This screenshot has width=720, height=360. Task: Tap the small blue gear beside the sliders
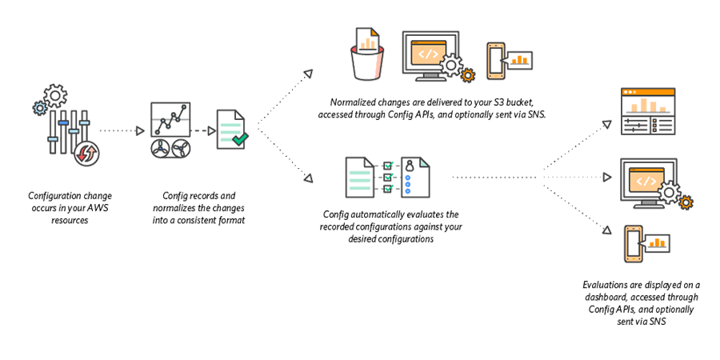pyautogui.click(x=39, y=106)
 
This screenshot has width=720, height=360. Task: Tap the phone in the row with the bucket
pyautogui.click(x=497, y=58)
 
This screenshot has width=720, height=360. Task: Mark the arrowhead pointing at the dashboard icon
pyautogui.click(x=606, y=125)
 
